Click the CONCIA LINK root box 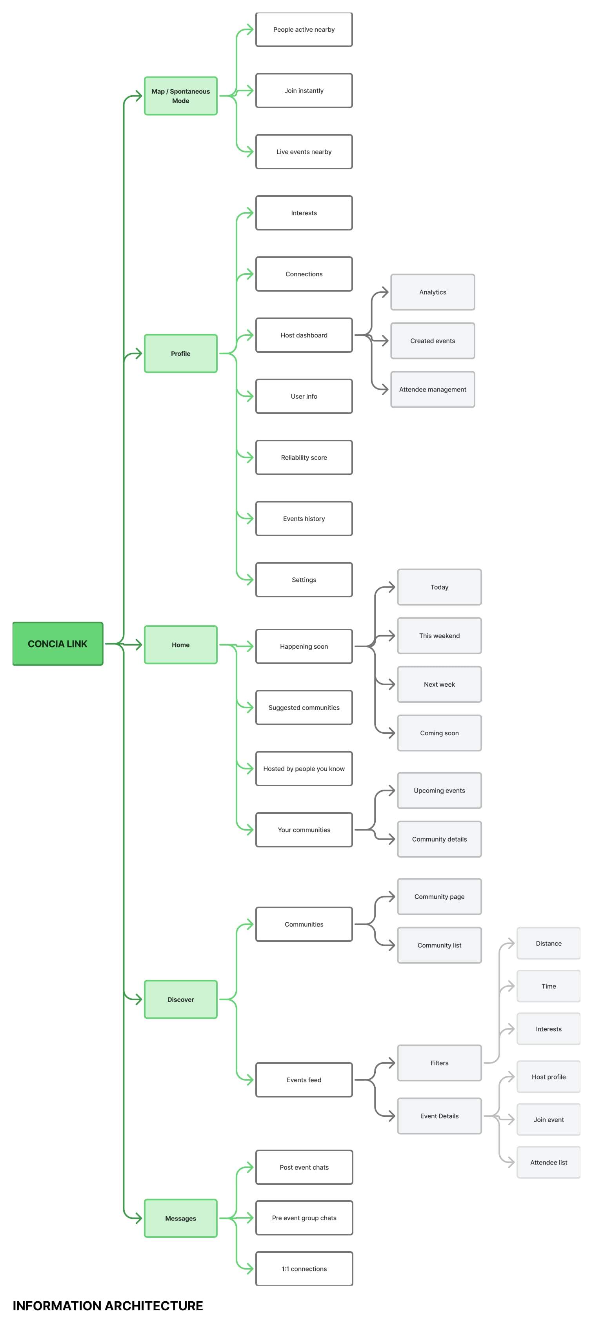click(x=58, y=644)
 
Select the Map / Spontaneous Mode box click(x=180, y=96)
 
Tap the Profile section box click(x=180, y=353)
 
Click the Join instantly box click(x=304, y=91)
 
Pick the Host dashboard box click(x=304, y=335)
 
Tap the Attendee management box click(x=432, y=389)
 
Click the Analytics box click(x=432, y=292)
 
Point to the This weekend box click(x=439, y=636)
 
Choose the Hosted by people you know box click(x=304, y=769)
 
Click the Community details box click(x=439, y=839)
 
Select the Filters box click(x=439, y=1063)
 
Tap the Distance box click(x=548, y=943)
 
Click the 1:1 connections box click(x=304, y=1268)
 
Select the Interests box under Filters click(x=548, y=1029)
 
